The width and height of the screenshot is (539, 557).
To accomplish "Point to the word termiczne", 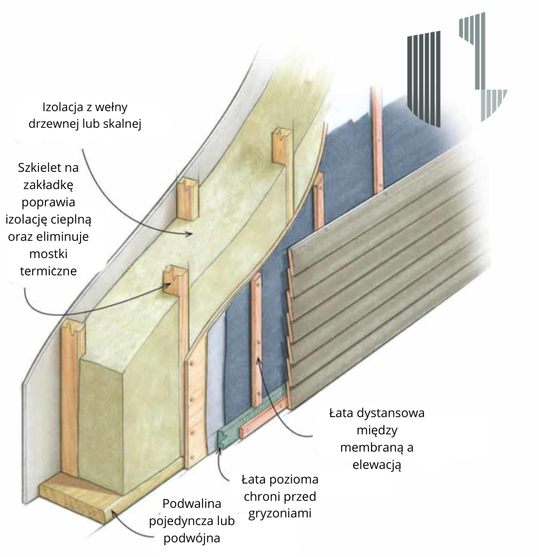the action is (49, 271).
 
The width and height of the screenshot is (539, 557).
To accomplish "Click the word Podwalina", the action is (192, 503).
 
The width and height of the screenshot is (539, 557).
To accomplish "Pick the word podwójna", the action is (192, 538).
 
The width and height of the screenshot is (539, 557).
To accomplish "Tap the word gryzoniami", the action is (280, 514).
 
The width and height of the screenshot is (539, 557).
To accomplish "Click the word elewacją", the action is (377, 464).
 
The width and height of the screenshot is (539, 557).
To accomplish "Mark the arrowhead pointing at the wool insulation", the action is (188, 234).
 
